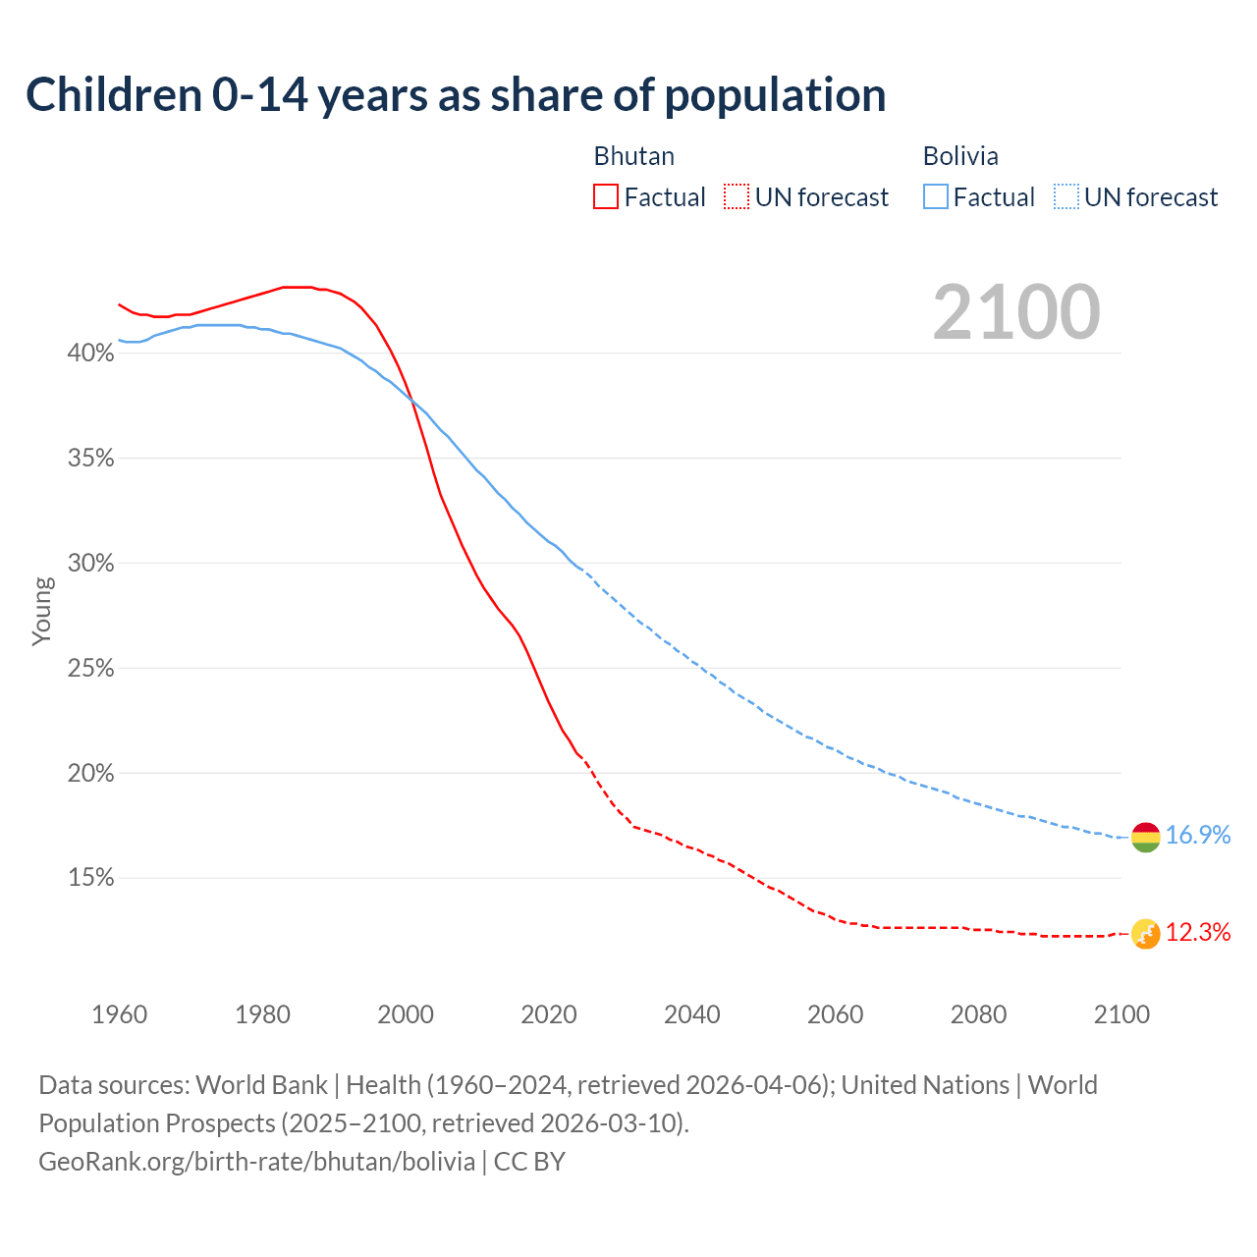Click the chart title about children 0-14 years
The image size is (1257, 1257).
coord(456,95)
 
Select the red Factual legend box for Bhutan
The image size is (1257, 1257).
coord(606,197)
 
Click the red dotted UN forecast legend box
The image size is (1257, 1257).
coord(737,197)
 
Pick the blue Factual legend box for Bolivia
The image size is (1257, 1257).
coord(936,197)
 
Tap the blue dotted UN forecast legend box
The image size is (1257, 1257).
coord(1066,197)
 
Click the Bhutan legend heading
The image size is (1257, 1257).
coord(634,156)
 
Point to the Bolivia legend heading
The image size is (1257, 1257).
coord(960,156)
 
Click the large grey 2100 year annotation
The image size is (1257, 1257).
coord(1016,312)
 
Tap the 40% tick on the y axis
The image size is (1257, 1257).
coord(90,353)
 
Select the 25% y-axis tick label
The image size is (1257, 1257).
coord(90,669)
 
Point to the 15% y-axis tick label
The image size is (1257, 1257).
coord(90,878)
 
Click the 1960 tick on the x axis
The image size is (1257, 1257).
coord(119,1014)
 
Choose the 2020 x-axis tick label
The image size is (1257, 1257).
coord(549,1014)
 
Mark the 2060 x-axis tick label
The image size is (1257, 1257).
coord(836,1014)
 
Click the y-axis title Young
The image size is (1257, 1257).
coord(42,611)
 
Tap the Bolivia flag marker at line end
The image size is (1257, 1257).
coord(1146,838)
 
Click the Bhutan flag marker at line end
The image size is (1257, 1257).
coord(1146,934)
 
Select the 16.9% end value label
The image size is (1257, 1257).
coord(1198,836)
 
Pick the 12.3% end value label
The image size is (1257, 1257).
coord(1198,933)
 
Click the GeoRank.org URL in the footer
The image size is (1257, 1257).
coord(257,1162)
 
